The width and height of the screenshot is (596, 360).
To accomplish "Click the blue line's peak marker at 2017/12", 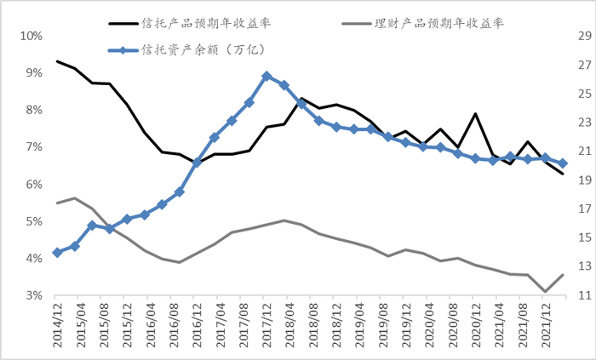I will click(x=266, y=76).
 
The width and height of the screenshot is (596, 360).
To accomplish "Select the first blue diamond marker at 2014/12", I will click(x=57, y=253).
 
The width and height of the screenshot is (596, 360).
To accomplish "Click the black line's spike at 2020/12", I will click(x=475, y=114).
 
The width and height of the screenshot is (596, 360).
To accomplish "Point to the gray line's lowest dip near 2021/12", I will click(x=545, y=291).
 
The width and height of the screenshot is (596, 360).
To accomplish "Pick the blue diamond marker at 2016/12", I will click(x=197, y=163).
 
